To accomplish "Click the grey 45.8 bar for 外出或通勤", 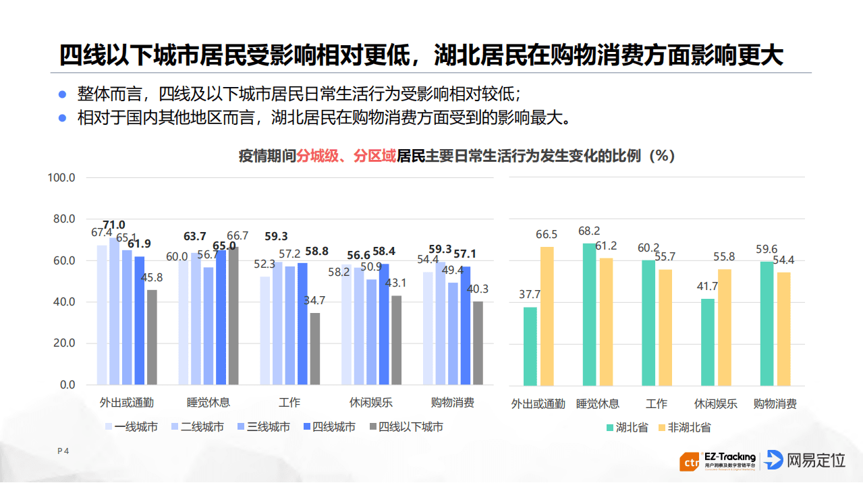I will (x=152, y=337).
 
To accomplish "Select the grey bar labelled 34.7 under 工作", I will (x=315, y=349).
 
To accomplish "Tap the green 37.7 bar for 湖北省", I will (x=530, y=346).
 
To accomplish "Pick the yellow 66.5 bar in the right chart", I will (x=547, y=316).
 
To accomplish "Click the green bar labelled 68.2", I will (x=589, y=314).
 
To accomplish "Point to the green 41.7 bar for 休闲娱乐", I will (x=707, y=341).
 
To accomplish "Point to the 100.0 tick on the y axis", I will (x=61, y=177).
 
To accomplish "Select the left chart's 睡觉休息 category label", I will (x=208, y=403).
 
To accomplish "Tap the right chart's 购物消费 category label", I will (x=775, y=404).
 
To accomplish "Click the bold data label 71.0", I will (x=113, y=225).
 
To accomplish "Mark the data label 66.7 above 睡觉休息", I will (x=238, y=236).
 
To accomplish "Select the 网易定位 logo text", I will (x=816, y=461).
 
